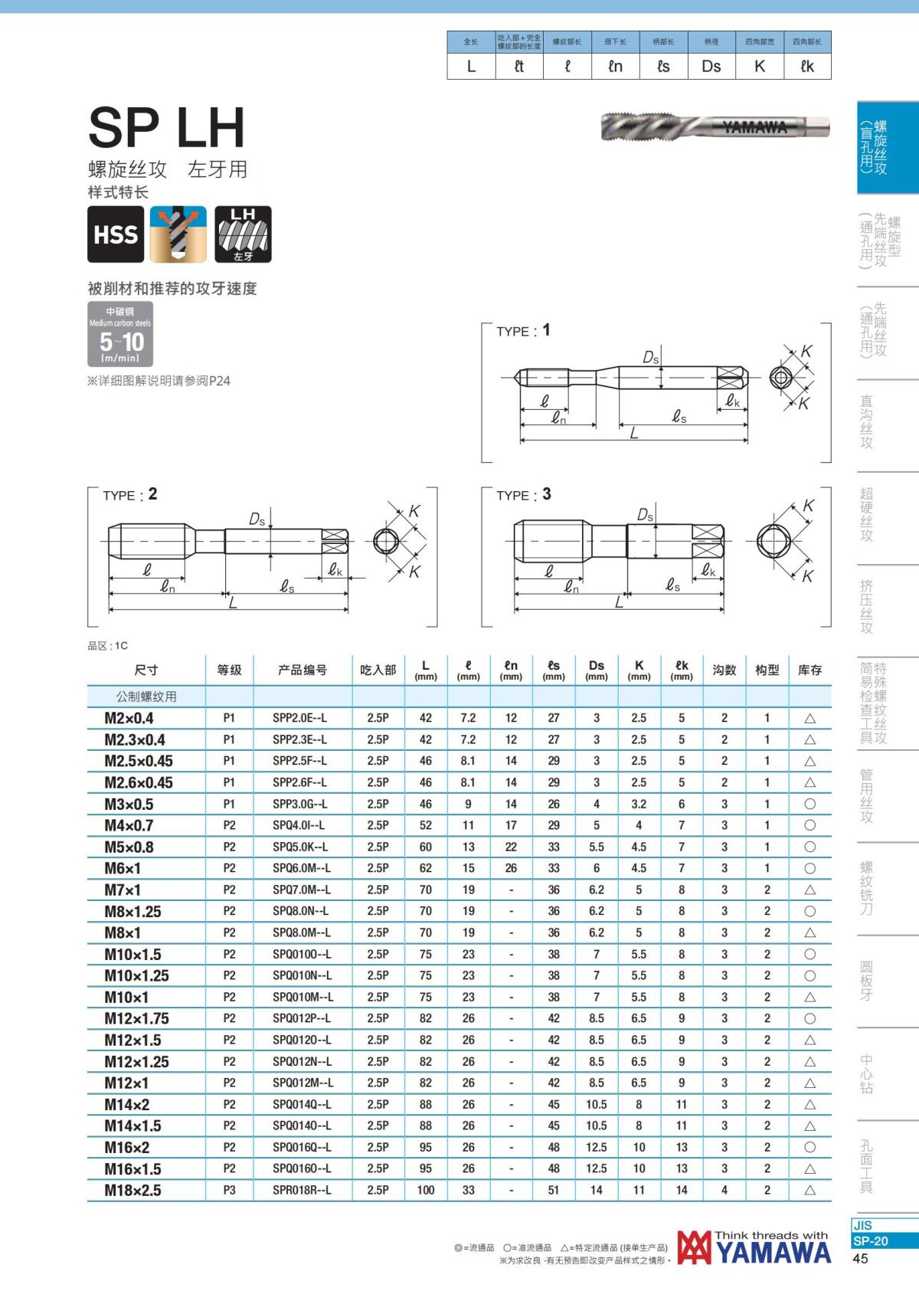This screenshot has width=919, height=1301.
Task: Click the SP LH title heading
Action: point(166,127)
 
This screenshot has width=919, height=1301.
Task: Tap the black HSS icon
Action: point(116,234)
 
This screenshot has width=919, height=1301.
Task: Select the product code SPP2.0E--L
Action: point(299,718)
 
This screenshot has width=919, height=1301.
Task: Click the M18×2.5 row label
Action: point(133,1190)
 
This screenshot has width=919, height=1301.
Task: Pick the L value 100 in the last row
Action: point(425,1190)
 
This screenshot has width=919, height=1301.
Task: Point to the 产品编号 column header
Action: point(302,670)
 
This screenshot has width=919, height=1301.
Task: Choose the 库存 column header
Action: point(809,670)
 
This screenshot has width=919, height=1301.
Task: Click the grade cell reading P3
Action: point(229,1190)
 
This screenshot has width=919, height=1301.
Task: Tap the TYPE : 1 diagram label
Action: point(523,330)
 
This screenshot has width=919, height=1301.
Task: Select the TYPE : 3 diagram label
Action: point(523,495)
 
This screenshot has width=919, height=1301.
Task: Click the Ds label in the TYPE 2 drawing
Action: point(257,519)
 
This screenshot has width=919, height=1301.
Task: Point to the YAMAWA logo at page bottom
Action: point(754,1247)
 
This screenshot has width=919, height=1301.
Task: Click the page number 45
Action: point(860,1259)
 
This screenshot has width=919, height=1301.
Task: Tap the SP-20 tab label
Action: point(870,1240)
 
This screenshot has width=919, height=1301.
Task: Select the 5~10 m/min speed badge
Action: point(120,334)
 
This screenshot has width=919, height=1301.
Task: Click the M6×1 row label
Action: point(123,868)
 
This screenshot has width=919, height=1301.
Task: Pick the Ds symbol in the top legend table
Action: point(711,67)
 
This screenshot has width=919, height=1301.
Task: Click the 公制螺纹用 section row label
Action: point(146,696)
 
